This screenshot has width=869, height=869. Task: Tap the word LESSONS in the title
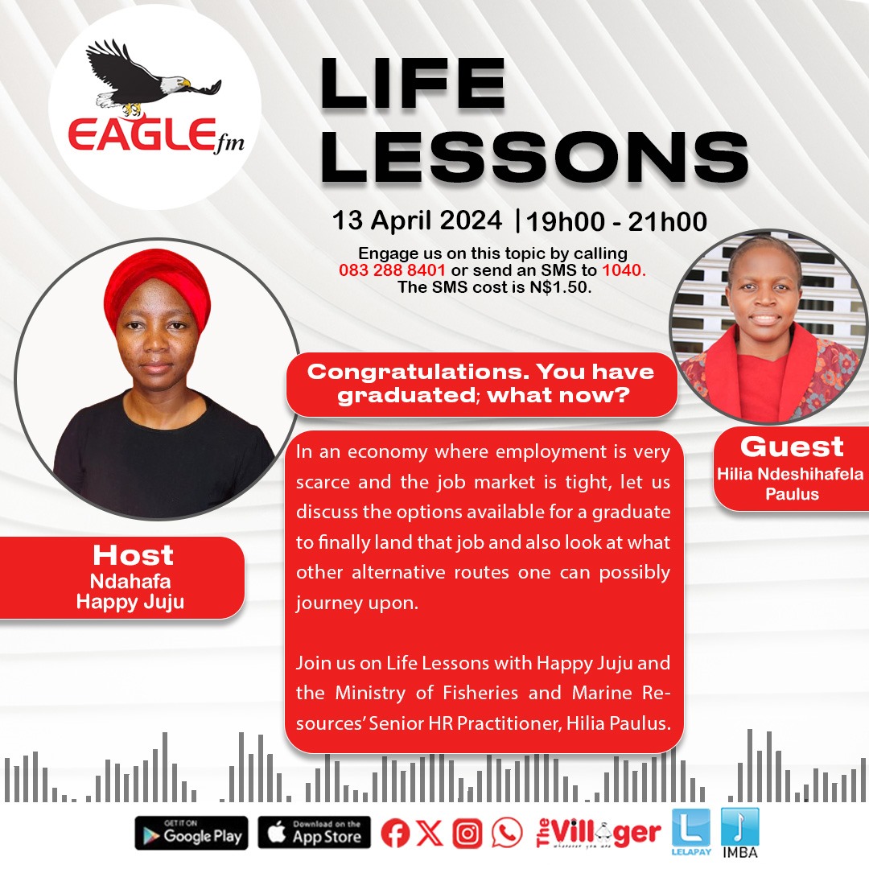click(534, 159)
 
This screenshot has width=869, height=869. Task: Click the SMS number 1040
click(627, 270)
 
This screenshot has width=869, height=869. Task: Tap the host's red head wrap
click(157, 286)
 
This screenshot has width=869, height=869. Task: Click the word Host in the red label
click(133, 554)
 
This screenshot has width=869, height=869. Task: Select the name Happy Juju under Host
click(130, 601)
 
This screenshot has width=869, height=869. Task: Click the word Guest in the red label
click(792, 447)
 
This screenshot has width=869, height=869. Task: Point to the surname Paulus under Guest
click(792, 493)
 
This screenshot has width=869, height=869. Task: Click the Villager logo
click(599, 834)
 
